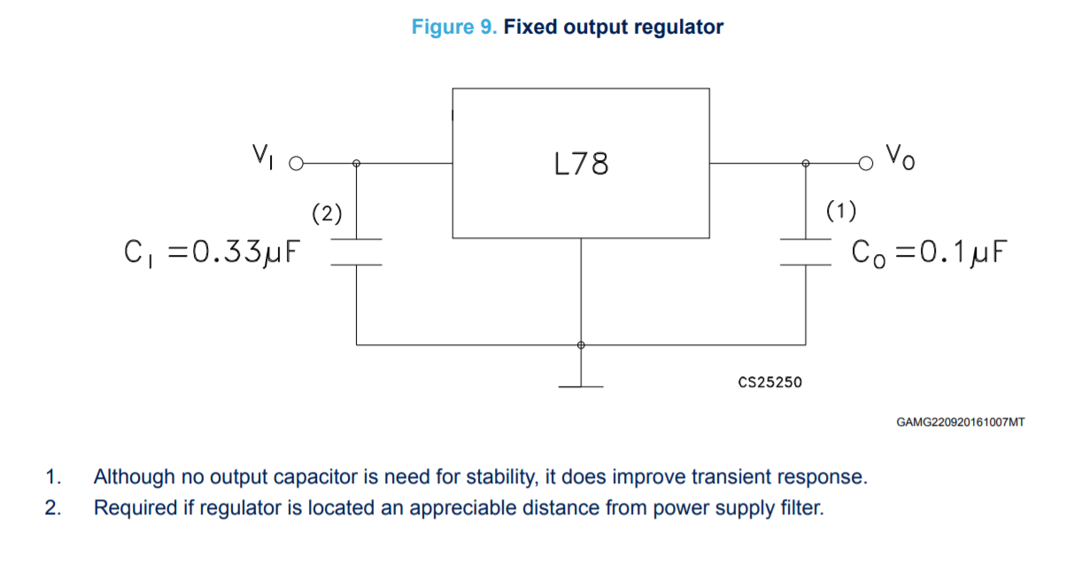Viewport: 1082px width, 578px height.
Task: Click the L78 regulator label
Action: (581, 164)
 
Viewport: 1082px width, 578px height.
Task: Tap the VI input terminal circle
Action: (297, 164)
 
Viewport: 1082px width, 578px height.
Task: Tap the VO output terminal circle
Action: (865, 163)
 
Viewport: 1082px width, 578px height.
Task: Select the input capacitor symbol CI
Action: (356, 251)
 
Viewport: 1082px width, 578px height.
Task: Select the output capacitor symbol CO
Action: (806, 251)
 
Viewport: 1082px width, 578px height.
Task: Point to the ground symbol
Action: (581, 386)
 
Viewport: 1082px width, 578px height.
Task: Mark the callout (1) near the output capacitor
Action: (840, 211)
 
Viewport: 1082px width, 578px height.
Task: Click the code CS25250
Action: (769, 382)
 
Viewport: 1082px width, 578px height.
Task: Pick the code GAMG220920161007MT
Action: (961, 422)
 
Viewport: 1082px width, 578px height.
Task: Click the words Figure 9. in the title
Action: (455, 27)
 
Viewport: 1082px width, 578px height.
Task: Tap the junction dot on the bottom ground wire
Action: (581, 344)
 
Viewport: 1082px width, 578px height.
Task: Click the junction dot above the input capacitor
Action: (356, 163)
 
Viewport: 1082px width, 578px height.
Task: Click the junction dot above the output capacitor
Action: (806, 163)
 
